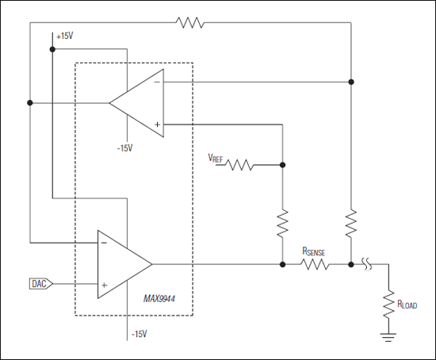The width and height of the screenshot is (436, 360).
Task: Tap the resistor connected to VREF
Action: pos(240,165)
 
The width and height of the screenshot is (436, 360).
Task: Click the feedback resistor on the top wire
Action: pos(191,23)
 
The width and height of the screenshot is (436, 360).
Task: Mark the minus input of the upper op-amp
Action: pos(157,82)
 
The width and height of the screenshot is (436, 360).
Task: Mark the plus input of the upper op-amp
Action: pos(157,124)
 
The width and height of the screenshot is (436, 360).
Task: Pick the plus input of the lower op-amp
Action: pos(104,283)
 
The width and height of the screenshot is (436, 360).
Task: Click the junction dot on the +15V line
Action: pos(52,49)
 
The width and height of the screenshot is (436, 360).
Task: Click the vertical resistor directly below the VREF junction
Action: pos(283,223)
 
